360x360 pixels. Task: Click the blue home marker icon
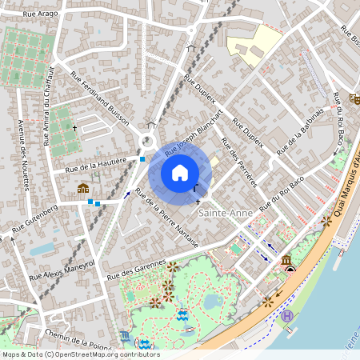click(180, 172)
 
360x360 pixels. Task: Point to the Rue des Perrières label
click(238, 161)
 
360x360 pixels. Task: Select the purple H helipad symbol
click(287, 316)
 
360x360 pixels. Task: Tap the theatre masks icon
click(354, 98)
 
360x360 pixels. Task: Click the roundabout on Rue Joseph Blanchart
click(148, 142)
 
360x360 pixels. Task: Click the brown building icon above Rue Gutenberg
click(83, 189)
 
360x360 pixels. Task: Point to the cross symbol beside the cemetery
click(75, 128)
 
